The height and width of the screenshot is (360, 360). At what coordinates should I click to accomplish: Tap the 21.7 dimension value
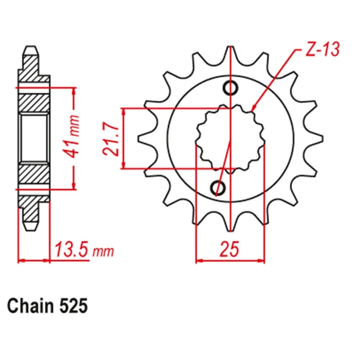pos(111,139)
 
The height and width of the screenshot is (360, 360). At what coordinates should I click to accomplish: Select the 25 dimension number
pos(229,249)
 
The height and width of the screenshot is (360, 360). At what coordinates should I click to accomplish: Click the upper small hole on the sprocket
pos(231,89)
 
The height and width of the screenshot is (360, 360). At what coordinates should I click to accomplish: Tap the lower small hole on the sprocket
pos(220,187)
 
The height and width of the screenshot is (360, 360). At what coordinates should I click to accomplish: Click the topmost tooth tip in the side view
pos(30,47)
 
